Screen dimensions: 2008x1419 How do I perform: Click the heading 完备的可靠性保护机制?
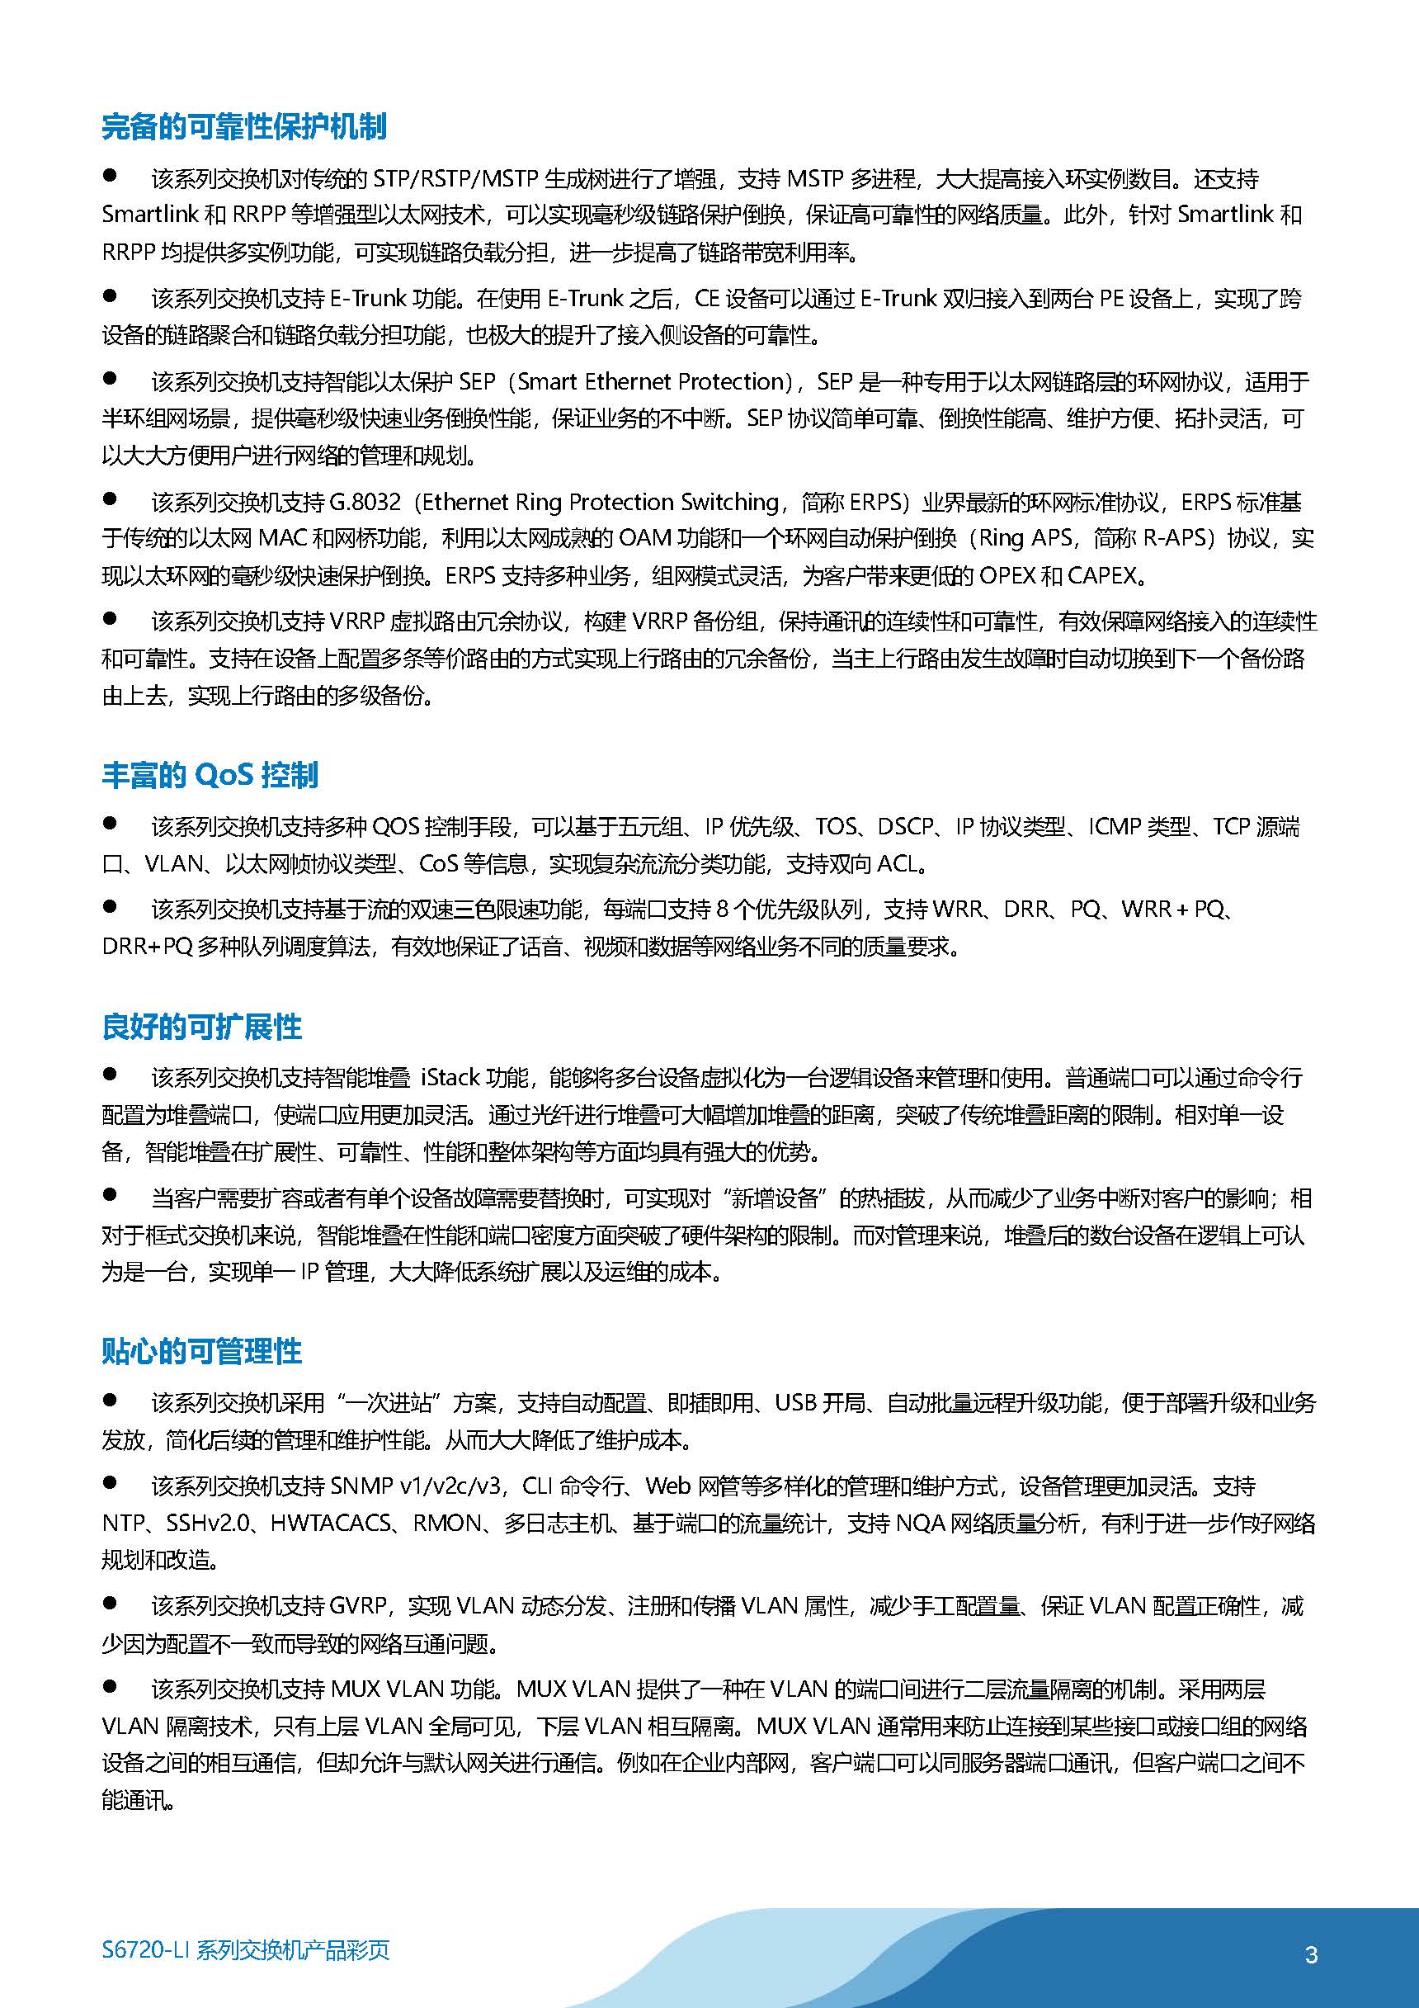pyautogui.click(x=244, y=127)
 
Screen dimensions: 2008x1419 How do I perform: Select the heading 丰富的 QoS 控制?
pyautogui.click(x=210, y=775)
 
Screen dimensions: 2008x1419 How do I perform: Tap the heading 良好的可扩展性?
pyautogui.click(x=202, y=1027)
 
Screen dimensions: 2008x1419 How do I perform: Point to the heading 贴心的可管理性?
pyautogui.click(x=202, y=1351)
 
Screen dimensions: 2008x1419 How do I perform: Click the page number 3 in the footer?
pyautogui.click(x=1311, y=1954)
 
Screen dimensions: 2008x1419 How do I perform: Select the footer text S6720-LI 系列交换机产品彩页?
pyautogui.click(x=246, y=1950)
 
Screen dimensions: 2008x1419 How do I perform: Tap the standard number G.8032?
pyautogui.click(x=365, y=502)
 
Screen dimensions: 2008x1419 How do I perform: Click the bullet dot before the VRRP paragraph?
pyautogui.click(x=111, y=618)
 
